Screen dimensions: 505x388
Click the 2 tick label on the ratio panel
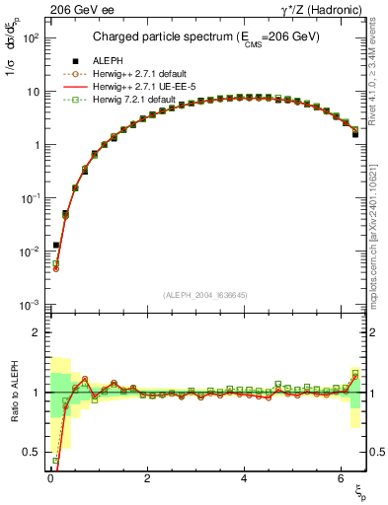click(x=35, y=332)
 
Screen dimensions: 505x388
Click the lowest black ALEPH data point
click(x=56, y=245)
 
